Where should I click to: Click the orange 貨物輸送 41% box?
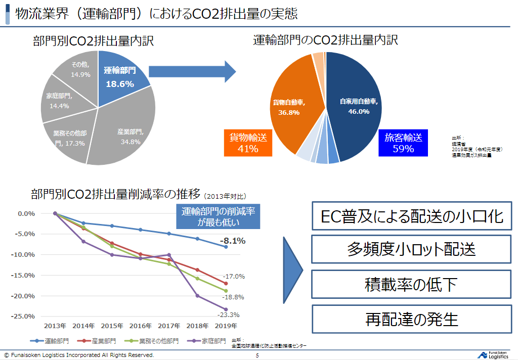[x=248, y=142]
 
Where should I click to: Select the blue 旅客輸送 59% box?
[x=403, y=142]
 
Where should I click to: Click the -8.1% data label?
[x=232, y=241]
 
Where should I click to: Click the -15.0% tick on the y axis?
[x=22, y=275]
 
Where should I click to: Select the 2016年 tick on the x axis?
[x=140, y=326]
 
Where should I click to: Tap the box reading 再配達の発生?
[x=411, y=319]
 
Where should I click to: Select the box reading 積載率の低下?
[x=411, y=285]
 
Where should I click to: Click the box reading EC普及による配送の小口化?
[x=411, y=216]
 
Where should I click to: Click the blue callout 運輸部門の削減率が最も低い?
[x=218, y=216]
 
